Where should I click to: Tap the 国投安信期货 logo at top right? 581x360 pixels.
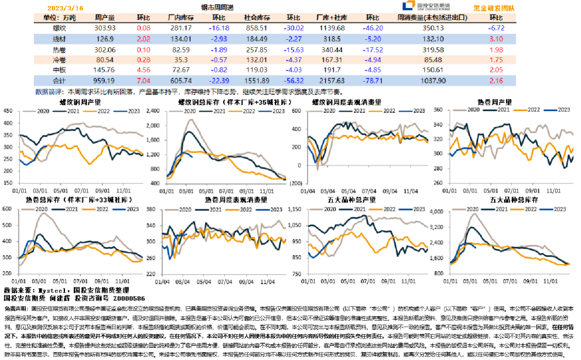[x=432, y=7]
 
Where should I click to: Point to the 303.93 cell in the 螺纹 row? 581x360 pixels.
[x=106, y=29]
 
